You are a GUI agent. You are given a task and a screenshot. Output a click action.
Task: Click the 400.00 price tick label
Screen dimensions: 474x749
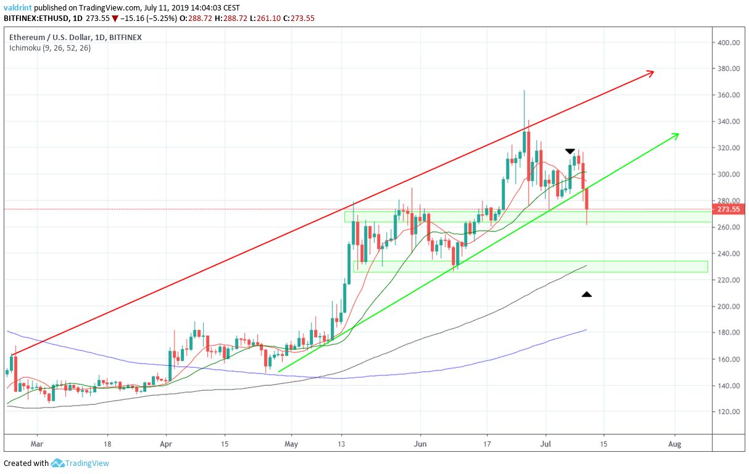pos(728,43)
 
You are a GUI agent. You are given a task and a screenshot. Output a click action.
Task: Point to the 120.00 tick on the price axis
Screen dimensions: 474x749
pos(728,412)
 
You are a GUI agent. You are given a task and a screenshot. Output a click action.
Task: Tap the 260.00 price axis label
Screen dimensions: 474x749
pos(728,227)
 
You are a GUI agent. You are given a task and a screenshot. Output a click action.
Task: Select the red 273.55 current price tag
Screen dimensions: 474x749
pos(728,209)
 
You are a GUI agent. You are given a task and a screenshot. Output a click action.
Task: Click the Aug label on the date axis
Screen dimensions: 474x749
pos(675,444)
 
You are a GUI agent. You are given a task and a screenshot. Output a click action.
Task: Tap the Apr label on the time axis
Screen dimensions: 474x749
pos(166,444)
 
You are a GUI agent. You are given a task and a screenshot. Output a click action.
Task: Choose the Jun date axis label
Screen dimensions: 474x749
pos(420,444)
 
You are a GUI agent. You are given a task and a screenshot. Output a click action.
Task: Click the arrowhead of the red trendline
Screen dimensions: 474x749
pos(651,73)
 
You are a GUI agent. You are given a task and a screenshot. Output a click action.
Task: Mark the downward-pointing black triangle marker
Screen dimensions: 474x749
pos(570,151)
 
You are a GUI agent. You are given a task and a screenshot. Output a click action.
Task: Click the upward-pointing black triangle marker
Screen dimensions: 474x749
pos(587,294)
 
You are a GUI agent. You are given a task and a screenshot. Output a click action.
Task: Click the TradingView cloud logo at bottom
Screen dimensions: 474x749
pos(58,463)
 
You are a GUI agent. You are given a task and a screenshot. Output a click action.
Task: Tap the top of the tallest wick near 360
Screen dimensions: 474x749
pos(524,91)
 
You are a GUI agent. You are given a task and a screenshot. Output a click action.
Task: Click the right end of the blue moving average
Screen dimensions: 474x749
pos(586,330)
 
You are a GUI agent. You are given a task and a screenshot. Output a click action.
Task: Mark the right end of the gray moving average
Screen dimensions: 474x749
pos(586,265)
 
